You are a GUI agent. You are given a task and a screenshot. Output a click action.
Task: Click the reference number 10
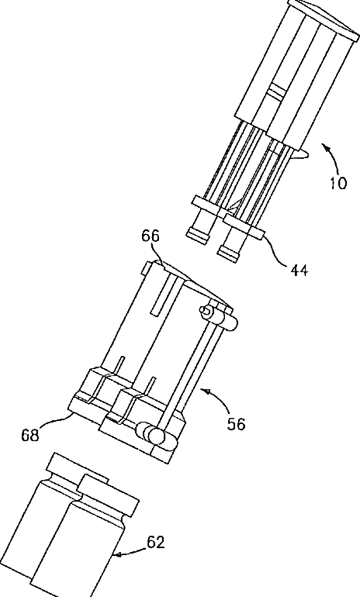(338, 184)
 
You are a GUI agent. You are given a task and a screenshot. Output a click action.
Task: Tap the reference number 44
(299, 271)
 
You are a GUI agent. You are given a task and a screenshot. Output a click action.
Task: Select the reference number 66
(151, 236)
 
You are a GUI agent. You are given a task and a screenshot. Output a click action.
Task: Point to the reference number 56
(236, 424)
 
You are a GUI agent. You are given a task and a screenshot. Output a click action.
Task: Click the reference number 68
(30, 435)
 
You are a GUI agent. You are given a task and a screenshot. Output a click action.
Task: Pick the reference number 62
(155, 542)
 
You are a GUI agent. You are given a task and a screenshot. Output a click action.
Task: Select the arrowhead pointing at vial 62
(119, 555)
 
